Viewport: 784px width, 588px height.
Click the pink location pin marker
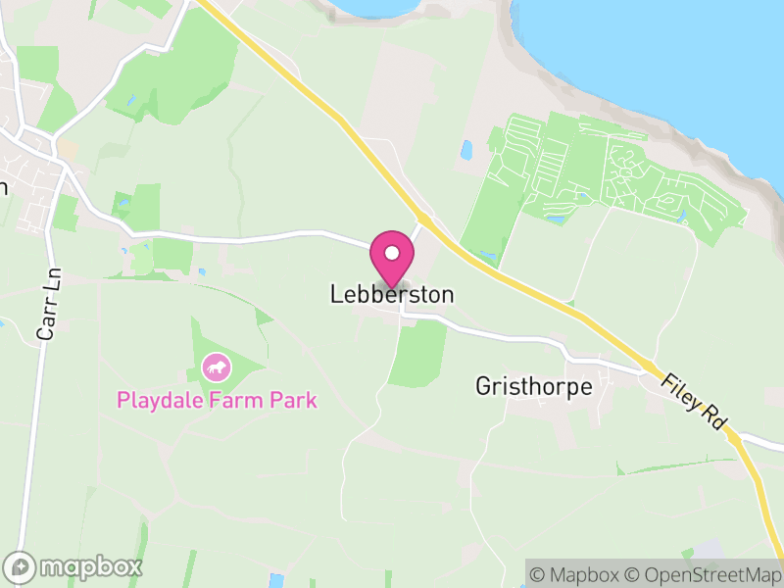coord(392,258)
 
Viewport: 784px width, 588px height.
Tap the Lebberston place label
coord(392,294)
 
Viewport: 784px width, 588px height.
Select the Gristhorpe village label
coord(533,386)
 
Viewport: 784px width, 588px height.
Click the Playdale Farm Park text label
coord(217,400)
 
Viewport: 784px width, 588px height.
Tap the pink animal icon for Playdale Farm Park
coord(215,368)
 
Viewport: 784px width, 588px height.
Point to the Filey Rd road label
coord(695,401)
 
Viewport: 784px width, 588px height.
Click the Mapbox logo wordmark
coord(91,567)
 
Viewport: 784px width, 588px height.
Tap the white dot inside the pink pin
coord(392,253)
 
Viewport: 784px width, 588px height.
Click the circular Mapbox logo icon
coord(22,567)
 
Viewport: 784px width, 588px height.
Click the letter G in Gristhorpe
coord(483,386)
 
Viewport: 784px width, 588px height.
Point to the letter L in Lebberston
coord(336,294)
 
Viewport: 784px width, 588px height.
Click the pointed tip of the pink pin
coord(392,287)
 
